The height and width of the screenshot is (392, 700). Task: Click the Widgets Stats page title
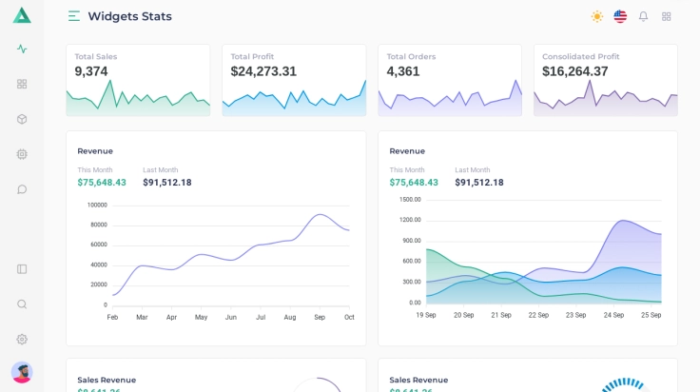[x=129, y=16]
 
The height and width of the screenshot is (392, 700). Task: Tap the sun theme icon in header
[x=597, y=16]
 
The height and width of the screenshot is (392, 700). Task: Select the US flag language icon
[x=620, y=16]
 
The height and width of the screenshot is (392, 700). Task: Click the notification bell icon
[x=643, y=16]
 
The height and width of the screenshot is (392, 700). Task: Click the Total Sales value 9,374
[x=91, y=71]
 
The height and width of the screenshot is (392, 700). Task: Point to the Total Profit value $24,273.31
[x=263, y=71]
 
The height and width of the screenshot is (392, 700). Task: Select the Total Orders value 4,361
[x=403, y=71]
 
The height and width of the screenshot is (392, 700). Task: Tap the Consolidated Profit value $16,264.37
[x=575, y=71]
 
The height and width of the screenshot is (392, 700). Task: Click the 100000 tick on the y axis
[x=97, y=205]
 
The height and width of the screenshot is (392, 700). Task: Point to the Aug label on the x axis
[x=290, y=317]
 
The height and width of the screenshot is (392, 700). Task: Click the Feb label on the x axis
[x=112, y=317]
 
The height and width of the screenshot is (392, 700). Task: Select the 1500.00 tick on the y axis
[x=410, y=200]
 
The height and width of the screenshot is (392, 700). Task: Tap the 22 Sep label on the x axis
[x=538, y=315]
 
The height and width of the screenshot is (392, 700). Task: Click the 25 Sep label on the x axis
[x=651, y=315]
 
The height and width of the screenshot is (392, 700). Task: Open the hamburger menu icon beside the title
[x=74, y=16]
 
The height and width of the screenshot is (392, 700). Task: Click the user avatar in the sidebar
[x=22, y=372]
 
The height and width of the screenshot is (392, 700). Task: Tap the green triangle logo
[x=22, y=15]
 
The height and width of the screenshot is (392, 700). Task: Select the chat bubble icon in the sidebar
[x=22, y=189]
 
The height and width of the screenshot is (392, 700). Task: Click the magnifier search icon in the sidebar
[x=22, y=304]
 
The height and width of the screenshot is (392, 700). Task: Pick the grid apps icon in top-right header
[x=667, y=16]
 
